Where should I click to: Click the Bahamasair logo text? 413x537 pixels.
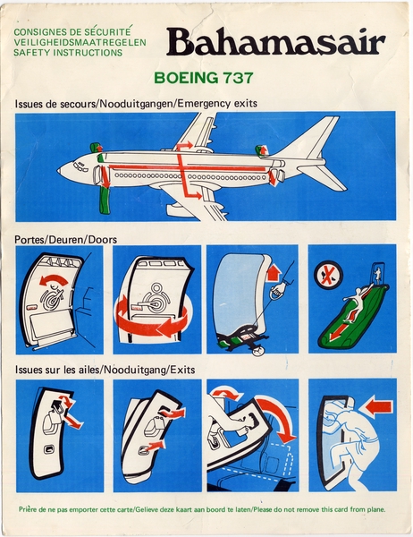click(x=274, y=42)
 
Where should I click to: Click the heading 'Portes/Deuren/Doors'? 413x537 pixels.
click(x=65, y=240)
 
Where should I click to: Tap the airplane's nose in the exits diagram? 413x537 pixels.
click(x=61, y=168)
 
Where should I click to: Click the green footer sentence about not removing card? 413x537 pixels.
click(x=206, y=509)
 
